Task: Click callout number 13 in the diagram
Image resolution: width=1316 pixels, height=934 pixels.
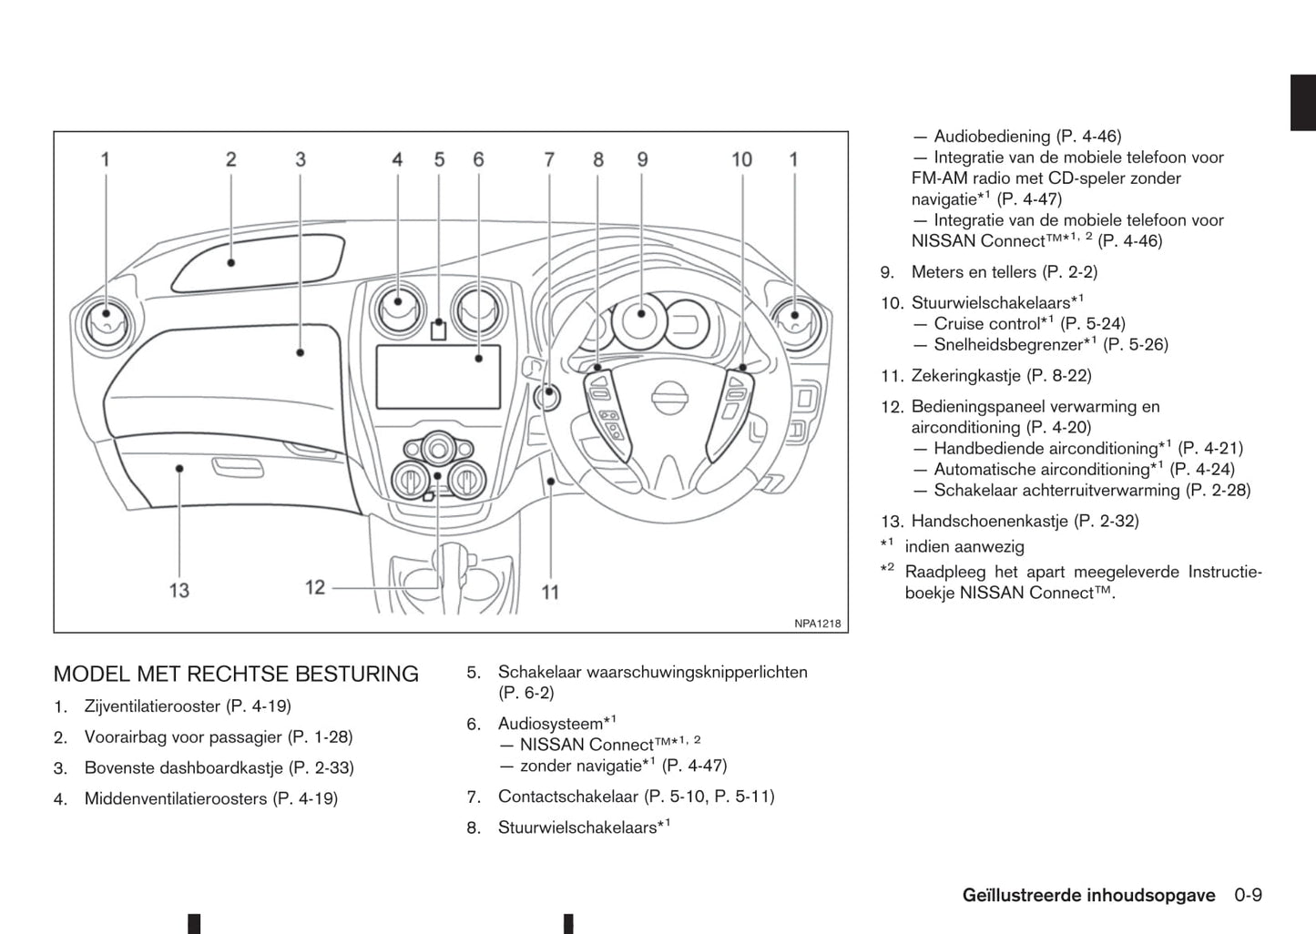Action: coord(179,590)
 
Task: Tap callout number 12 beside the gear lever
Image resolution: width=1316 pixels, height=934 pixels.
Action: coord(315,587)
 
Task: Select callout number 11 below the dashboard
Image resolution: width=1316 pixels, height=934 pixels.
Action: coord(550,592)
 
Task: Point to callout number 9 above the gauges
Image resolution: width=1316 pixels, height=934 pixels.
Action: coord(642,159)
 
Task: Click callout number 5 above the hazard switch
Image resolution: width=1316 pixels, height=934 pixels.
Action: coord(439,159)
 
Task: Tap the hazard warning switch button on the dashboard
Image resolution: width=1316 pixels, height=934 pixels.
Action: coord(438,330)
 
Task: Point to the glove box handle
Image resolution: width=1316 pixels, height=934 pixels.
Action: coord(238,468)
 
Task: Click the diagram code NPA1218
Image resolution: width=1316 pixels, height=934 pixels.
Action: coord(817,624)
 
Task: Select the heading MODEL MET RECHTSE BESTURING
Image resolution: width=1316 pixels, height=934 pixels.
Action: coord(236,675)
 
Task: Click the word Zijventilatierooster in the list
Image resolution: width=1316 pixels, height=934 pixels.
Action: coord(152,706)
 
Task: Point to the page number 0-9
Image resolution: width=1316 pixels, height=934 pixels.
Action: coord(1248,895)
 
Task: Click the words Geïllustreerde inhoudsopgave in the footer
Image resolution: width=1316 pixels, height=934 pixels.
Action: coord(1088,895)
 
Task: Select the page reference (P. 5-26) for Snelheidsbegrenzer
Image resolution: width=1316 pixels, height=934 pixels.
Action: coord(1135,344)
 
